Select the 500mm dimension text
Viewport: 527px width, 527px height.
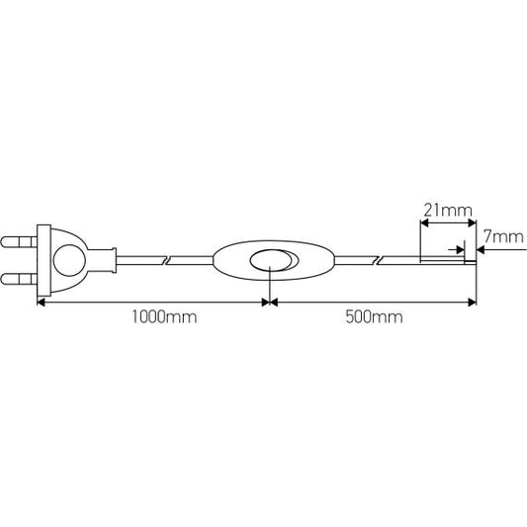point(374,317)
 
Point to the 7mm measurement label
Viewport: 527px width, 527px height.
point(502,237)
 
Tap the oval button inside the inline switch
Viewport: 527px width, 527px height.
point(270,261)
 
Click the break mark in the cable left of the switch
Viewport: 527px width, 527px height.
point(167,261)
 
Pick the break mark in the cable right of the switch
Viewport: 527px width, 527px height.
point(375,261)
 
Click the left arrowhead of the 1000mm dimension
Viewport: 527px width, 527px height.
point(43,302)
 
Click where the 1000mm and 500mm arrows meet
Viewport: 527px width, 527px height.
point(269,302)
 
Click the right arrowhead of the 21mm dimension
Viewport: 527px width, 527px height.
point(469,222)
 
